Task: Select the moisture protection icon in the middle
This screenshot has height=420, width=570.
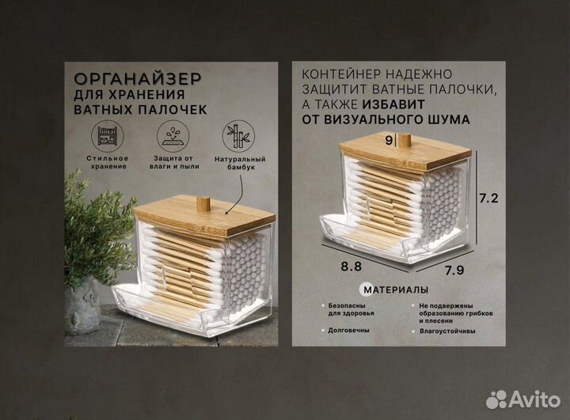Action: (171, 135)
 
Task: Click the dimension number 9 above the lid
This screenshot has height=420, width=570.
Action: (388, 141)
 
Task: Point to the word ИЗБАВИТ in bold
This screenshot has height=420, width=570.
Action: (396, 104)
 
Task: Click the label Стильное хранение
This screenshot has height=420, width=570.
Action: (108, 164)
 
